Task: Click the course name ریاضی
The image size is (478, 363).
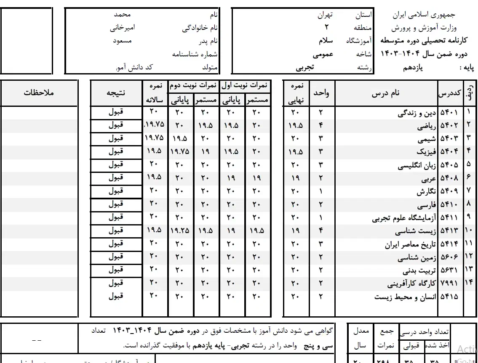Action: point(427,126)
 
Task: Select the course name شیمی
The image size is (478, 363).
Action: point(427,139)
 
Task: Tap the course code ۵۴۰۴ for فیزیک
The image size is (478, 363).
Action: point(449,152)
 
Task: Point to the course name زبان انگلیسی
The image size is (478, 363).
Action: point(417,165)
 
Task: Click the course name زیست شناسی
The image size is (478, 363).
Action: point(415,231)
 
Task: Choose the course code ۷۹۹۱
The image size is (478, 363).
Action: point(449,283)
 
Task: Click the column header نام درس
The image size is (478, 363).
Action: point(385,93)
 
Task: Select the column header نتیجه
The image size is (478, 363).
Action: point(116,93)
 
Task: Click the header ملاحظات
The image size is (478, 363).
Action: point(39,93)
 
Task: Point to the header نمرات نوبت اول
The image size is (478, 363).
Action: point(245,86)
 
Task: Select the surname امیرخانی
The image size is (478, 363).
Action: point(122,28)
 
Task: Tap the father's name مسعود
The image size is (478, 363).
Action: point(123,41)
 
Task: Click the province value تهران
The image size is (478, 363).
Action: point(325,15)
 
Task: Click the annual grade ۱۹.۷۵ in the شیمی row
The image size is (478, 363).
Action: point(154,138)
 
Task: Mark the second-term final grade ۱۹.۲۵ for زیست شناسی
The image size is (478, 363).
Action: point(180,231)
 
